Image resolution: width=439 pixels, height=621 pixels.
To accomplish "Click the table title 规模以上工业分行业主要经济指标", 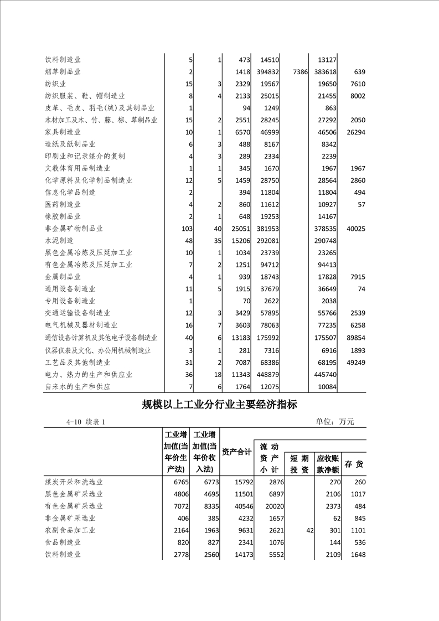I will pyautogui.click(x=219, y=405).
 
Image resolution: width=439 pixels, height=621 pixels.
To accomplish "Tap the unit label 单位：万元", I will pyautogui.click(x=335, y=422).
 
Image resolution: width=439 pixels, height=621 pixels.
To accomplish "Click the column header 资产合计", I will pyautogui.click(x=237, y=452).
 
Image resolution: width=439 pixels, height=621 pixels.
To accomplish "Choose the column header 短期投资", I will pyautogui.click(x=299, y=464).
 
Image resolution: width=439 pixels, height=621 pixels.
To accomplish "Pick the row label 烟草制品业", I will pyautogui.click(x=63, y=72).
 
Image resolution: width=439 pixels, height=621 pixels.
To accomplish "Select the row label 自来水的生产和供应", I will pyautogui.click(x=78, y=386).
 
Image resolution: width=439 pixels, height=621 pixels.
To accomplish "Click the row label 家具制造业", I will pyautogui.click(x=63, y=132).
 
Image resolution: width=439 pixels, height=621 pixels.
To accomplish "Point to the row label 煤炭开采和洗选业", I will pyautogui.click(x=74, y=482).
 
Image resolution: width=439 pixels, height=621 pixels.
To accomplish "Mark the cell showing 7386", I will pyautogui.click(x=299, y=72).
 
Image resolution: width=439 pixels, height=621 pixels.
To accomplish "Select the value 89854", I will pyautogui.click(x=355, y=338).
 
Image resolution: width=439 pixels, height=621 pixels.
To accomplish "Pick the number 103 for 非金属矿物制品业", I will pyautogui.click(x=187, y=229).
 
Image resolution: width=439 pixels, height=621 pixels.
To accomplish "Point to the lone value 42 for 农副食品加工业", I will pyautogui.click(x=309, y=530).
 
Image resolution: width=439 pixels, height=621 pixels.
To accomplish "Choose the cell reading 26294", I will pyautogui.click(x=355, y=132).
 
